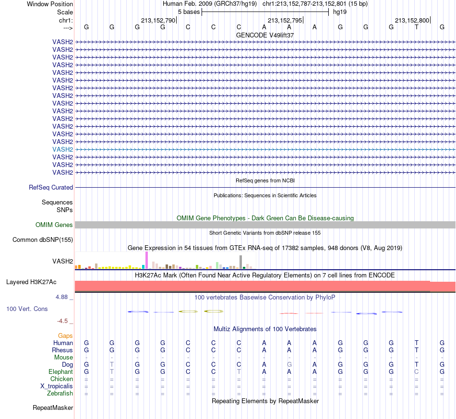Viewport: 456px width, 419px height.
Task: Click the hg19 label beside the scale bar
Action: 340,12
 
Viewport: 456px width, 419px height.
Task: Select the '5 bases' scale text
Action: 189,12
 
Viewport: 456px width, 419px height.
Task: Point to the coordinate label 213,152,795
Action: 285,20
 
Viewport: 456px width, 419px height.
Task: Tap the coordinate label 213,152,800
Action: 412,20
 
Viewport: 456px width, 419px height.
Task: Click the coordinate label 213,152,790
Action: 158,20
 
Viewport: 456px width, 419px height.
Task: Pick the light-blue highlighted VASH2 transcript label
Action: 62,149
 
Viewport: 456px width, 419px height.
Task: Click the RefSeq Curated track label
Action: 51,188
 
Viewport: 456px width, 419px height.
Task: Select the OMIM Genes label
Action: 54,225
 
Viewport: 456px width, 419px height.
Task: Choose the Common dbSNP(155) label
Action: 43,240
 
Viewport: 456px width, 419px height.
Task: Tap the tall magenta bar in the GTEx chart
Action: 146,260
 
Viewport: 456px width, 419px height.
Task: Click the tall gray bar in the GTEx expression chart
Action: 241,262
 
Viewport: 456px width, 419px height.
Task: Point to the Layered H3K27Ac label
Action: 31,282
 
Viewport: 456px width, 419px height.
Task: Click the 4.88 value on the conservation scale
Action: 61,297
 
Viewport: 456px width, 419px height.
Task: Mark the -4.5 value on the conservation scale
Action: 62,321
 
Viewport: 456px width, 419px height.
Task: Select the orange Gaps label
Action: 65,336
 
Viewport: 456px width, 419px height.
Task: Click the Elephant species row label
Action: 60,372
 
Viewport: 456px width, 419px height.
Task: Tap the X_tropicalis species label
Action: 57,386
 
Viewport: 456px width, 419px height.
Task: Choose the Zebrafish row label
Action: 60,394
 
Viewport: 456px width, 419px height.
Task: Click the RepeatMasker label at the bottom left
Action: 53,407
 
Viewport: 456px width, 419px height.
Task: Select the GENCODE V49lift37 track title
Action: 265,35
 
